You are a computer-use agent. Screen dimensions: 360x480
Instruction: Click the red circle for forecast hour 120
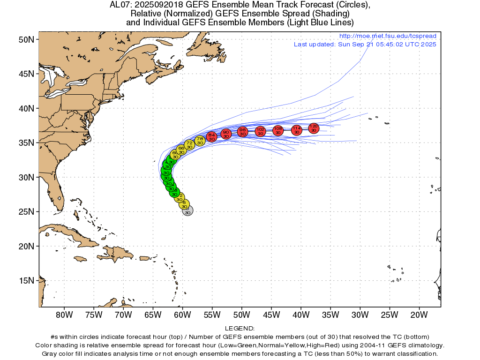tap(314, 128)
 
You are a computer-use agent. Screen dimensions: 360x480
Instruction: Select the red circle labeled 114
tap(296, 130)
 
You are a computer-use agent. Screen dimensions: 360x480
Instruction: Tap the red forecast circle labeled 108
tap(278, 130)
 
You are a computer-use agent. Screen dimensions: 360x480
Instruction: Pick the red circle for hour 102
tap(261, 131)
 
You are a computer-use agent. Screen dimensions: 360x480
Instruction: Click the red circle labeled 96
tap(242, 132)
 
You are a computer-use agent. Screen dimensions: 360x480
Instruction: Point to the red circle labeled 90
tap(226, 134)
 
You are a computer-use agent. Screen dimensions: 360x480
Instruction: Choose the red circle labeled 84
tap(211, 136)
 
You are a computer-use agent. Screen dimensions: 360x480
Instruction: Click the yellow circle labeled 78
tap(200, 140)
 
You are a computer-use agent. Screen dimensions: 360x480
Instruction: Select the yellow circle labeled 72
tap(189, 144)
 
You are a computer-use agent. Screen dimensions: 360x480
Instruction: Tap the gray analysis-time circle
tap(187, 211)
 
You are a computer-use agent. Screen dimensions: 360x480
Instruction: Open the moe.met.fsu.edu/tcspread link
tap(387, 36)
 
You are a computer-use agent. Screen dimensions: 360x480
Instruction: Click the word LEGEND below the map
tap(240, 329)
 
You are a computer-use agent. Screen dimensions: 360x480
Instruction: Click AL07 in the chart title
tap(119, 5)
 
